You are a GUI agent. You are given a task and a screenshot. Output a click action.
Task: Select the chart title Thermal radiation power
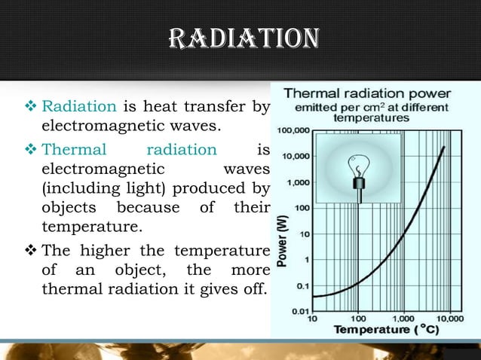[367, 94]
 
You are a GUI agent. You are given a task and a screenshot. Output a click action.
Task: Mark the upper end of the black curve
[443, 147]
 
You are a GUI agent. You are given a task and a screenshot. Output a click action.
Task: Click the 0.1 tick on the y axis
[302, 285]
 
